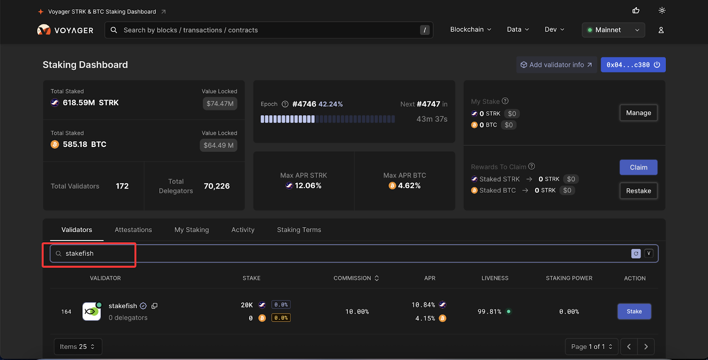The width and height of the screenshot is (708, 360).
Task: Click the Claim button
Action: click(x=638, y=167)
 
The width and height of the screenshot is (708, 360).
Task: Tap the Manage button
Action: click(x=638, y=113)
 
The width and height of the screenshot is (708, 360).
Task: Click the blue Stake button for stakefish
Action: click(x=634, y=311)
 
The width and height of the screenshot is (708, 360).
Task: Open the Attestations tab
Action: click(x=133, y=230)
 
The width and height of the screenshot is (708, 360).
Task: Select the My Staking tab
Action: click(x=192, y=230)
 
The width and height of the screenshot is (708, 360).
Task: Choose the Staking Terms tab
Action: click(x=299, y=230)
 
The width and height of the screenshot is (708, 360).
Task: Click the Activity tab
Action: click(x=243, y=230)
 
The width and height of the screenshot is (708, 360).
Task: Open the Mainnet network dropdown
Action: click(x=613, y=30)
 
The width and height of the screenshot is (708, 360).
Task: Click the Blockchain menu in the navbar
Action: click(x=470, y=30)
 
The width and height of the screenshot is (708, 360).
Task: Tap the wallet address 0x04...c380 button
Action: click(x=633, y=65)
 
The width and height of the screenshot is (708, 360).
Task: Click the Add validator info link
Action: click(x=556, y=65)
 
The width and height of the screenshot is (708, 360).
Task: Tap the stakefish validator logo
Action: click(x=92, y=311)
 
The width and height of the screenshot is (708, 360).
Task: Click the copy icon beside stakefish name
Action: click(x=154, y=306)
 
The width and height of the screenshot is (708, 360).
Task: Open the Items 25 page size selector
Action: click(x=78, y=347)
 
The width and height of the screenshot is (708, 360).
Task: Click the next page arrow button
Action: click(x=646, y=347)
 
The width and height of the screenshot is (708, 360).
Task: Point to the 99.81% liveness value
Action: click(x=489, y=312)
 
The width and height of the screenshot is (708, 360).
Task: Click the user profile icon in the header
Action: click(x=661, y=30)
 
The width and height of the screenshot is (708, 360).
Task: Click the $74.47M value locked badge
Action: click(x=220, y=104)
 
